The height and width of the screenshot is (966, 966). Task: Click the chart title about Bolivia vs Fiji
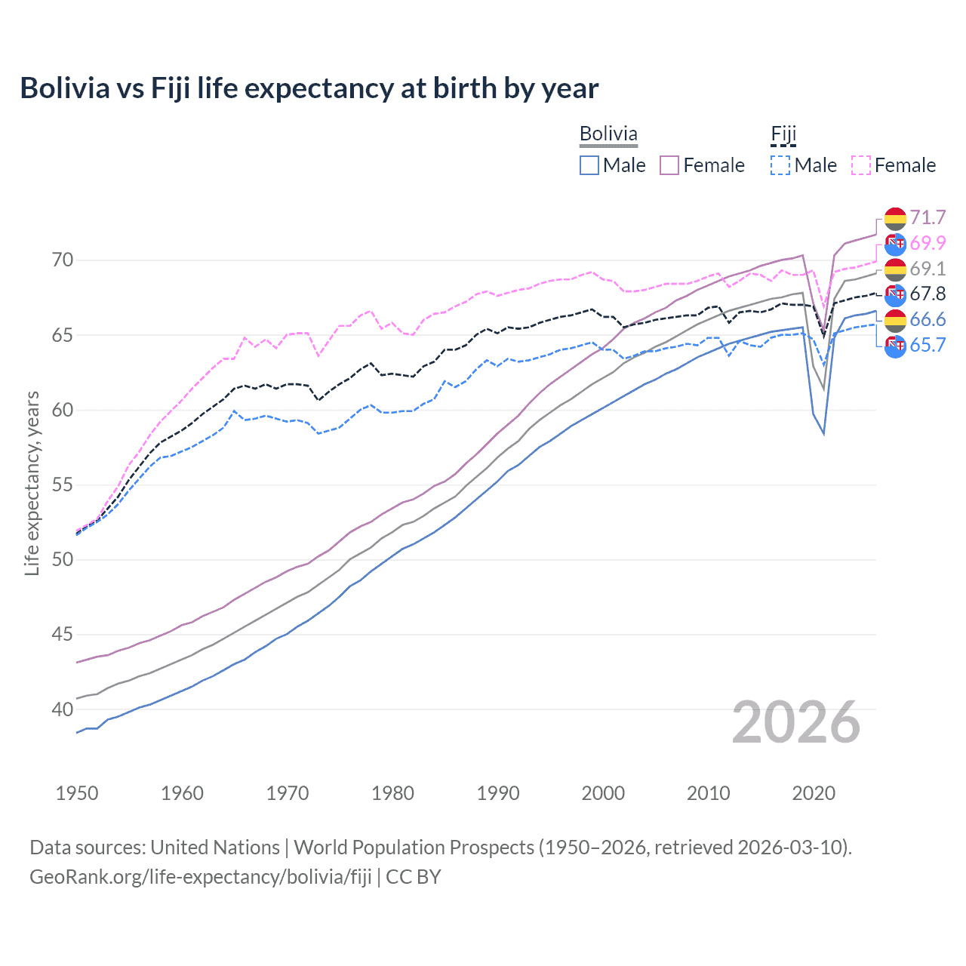point(309,88)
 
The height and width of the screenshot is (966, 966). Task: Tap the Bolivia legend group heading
point(608,134)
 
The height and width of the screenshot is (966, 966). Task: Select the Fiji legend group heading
point(783,134)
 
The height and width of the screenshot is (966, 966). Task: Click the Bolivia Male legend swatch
point(589,165)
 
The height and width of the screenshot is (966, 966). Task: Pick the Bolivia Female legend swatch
point(670,165)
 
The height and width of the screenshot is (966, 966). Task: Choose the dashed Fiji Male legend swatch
point(781,165)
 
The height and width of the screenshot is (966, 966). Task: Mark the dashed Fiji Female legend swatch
point(861,165)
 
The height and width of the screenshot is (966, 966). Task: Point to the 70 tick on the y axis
point(63,260)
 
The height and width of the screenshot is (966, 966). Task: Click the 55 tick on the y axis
point(63,485)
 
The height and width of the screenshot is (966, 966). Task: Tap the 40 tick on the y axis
point(63,709)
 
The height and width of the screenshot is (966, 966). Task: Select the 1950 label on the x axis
point(77,793)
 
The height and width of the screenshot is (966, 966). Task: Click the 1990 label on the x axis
point(498,793)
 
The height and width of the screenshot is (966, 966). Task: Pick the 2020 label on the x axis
point(814,793)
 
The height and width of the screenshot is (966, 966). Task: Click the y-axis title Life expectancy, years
point(32,483)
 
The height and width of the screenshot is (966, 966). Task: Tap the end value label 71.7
point(928,218)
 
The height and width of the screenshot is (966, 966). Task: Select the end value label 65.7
point(928,346)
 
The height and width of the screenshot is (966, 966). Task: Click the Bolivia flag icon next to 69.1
point(895,269)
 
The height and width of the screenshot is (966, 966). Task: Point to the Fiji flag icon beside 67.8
point(895,294)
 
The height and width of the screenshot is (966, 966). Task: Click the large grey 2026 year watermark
point(796,722)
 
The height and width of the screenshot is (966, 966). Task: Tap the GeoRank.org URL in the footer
point(200,877)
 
